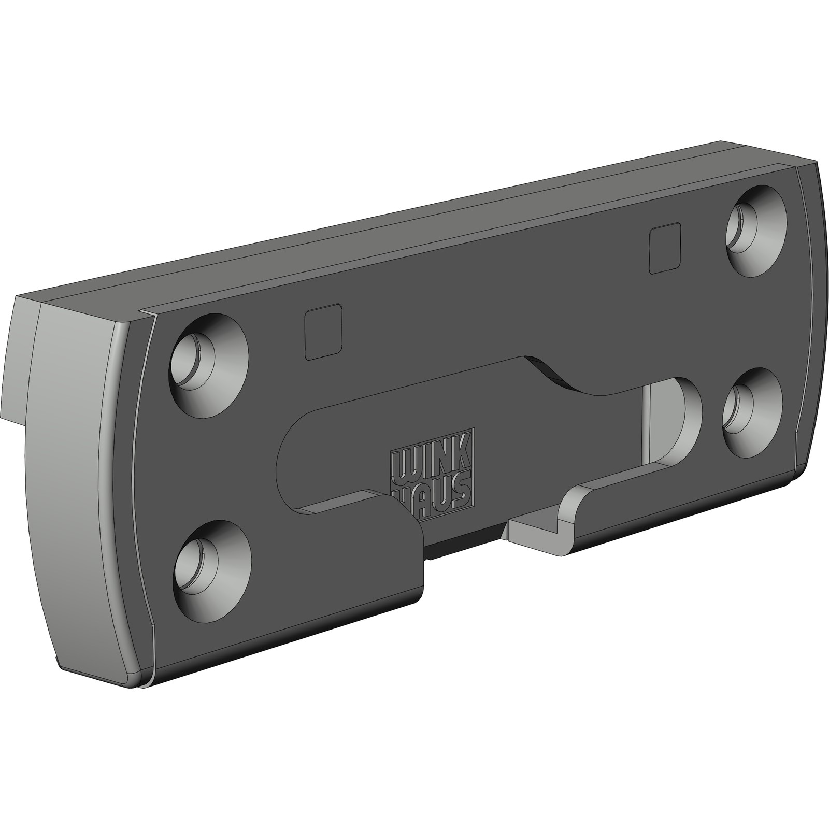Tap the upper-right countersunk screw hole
pos(757,229)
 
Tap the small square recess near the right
pos(665,248)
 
